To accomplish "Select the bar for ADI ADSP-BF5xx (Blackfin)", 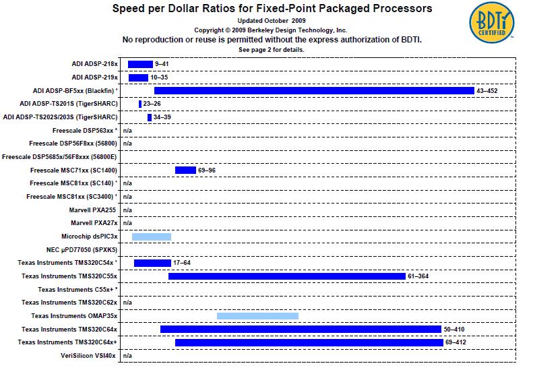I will (314, 90).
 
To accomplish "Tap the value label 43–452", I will (487, 90).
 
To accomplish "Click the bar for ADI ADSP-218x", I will (140, 64).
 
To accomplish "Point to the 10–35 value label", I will (159, 77).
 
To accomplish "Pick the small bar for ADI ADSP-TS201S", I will (140, 104).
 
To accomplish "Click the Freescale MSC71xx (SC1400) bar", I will (185, 170).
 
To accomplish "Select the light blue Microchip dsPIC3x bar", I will (152, 237).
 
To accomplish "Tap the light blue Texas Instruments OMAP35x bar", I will (257, 316).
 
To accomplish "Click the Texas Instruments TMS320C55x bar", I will (286, 276).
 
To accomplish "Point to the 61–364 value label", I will (418, 276).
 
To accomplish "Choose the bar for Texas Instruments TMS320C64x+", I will (309, 342).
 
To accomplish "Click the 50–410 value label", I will (455, 330).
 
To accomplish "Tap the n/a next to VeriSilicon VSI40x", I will (127, 356).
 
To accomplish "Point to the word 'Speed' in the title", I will (126, 9).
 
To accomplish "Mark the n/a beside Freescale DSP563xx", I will (127, 130).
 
